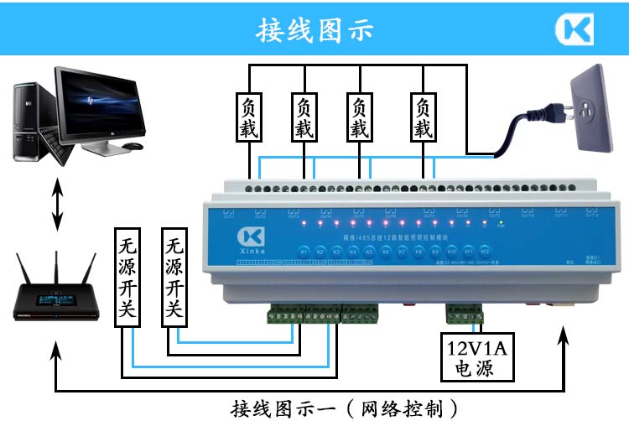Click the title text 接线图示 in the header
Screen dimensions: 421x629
[x=314, y=29]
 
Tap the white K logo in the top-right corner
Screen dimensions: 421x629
[x=574, y=29]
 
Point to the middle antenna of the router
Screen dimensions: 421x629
[x=57, y=268]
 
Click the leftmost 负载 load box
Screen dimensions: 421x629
[x=249, y=118]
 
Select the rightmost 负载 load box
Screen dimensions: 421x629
[x=422, y=118]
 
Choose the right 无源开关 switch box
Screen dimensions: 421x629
[x=173, y=276]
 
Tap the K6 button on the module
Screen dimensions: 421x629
[x=386, y=251]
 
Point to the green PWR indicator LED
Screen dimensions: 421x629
[x=501, y=225]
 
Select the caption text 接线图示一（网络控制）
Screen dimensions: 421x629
[x=346, y=408]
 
